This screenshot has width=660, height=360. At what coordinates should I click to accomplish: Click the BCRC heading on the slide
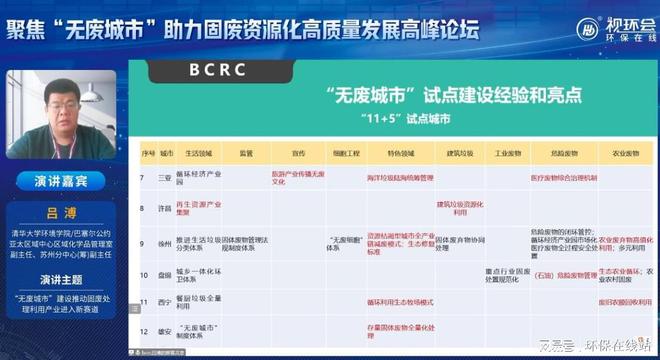[219, 71]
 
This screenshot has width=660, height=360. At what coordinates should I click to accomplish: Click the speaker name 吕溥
[64, 214]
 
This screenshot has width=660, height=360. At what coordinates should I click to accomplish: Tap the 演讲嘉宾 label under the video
[64, 183]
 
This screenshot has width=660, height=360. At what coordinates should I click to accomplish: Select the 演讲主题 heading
[64, 279]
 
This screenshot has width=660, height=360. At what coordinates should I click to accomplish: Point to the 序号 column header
[146, 155]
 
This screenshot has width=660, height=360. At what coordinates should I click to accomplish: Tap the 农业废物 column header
[618, 155]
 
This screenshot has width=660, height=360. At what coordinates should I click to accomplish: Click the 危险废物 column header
[563, 155]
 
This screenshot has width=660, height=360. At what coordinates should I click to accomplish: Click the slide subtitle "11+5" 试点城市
[387, 118]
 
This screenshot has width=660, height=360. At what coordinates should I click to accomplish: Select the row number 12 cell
[146, 327]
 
